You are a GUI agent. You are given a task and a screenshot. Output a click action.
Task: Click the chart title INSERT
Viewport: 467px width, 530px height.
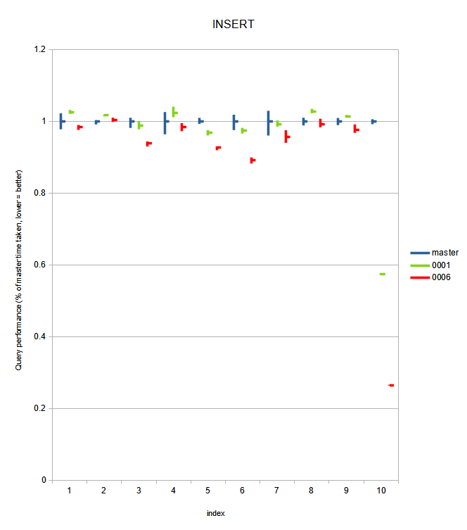(x=233, y=24)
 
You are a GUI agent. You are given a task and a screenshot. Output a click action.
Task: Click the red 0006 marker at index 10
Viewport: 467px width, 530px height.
(x=391, y=385)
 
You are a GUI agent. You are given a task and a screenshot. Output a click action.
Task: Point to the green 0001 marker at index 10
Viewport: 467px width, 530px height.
(x=382, y=274)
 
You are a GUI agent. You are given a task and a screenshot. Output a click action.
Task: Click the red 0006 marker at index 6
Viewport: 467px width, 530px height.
(x=252, y=160)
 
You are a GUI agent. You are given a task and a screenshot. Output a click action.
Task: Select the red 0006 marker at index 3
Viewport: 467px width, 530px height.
(x=148, y=143)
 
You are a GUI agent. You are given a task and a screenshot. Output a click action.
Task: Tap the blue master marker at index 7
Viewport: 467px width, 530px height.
(x=269, y=122)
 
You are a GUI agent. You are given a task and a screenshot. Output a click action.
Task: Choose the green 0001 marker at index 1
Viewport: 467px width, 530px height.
(x=71, y=112)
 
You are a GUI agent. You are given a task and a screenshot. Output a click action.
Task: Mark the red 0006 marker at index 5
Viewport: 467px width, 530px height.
(x=218, y=148)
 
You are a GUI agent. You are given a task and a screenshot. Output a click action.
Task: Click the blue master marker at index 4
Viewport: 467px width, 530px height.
(x=165, y=122)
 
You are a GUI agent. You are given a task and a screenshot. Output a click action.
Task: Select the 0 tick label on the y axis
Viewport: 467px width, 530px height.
(x=44, y=480)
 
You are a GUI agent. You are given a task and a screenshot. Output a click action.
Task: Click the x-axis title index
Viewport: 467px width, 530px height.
(x=215, y=513)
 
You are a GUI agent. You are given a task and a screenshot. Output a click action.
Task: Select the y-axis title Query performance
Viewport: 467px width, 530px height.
(x=21, y=271)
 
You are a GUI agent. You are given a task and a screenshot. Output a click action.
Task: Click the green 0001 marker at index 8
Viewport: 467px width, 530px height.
(x=313, y=111)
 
